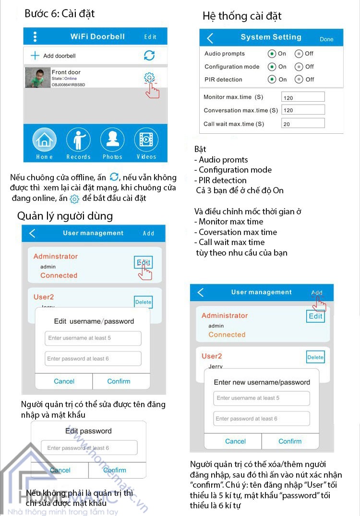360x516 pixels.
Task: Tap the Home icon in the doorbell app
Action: tap(44, 140)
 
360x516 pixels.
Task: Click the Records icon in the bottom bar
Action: tap(78, 140)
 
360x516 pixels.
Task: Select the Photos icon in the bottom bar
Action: tap(112, 140)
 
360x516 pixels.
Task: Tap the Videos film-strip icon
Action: tap(146, 140)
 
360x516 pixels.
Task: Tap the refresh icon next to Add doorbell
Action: tap(149, 55)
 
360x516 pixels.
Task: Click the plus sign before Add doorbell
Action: tap(35, 56)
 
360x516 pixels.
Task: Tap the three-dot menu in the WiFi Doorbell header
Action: tap(35, 37)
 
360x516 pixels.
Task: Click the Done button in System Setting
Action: tap(326, 39)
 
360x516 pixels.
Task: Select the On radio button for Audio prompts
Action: tap(272, 54)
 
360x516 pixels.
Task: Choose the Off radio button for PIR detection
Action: tap(299, 80)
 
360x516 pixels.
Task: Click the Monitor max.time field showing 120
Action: tap(303, 97)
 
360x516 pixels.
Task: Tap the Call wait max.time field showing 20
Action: tap(303, 124)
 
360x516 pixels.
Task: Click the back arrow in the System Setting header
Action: tap(210, 38)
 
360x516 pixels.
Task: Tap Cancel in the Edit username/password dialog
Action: tap(64, 381)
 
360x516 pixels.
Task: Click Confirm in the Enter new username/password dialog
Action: tap(290, 441)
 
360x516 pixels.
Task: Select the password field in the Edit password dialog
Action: tap(89, 448)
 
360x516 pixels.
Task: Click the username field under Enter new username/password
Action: tap(262, 398)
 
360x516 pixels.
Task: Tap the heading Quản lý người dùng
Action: tap(65, 216)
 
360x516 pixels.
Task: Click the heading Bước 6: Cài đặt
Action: tap(60, 13)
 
